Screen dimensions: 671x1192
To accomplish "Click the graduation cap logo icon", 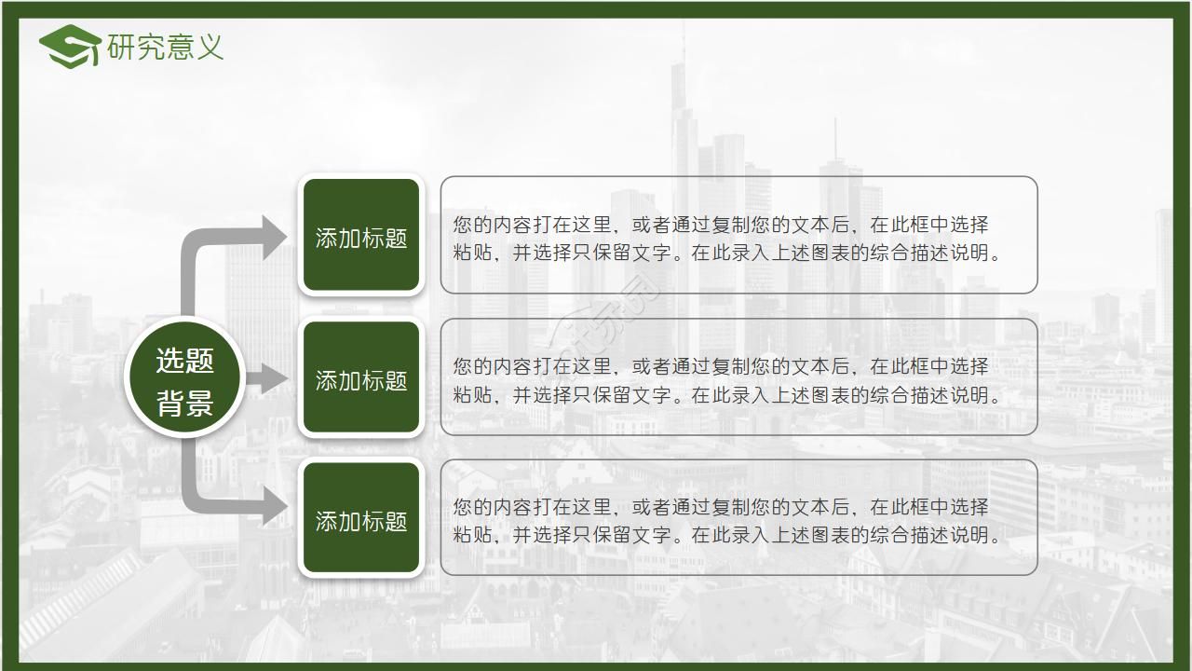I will coord(71,47).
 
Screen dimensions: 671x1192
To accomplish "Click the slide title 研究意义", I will coord(166,47).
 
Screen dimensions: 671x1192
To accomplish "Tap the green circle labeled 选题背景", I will coord(184,379).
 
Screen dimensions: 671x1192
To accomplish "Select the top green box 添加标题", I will coord(361,237).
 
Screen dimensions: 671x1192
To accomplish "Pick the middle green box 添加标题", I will coord(361,378).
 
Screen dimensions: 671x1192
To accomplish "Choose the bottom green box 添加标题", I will coord(361,520).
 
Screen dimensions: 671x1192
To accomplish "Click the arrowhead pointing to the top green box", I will coord(274,237).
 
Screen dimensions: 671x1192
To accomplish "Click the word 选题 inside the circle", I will coord(184,360).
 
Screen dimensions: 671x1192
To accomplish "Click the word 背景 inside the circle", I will coord(184,403).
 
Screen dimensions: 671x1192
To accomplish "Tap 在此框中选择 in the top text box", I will coord(929,225).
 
